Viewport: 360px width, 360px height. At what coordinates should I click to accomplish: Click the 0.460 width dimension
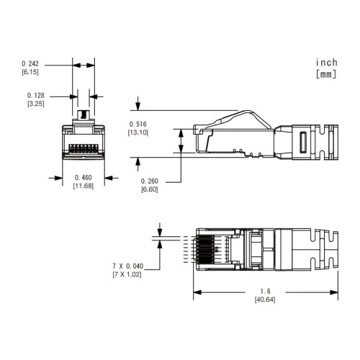pos(83,177)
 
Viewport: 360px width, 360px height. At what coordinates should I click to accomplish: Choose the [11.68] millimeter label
pos(83,186)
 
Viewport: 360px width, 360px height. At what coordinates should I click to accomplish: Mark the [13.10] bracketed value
pos(138,132)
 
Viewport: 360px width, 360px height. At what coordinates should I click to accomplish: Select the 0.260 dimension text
pos(149,180)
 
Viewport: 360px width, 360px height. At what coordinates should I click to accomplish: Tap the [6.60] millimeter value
pos(149,189)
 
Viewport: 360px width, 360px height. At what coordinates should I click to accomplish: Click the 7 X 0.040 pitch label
pos(127,266)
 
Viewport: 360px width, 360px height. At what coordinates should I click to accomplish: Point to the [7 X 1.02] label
pos(127,275)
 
